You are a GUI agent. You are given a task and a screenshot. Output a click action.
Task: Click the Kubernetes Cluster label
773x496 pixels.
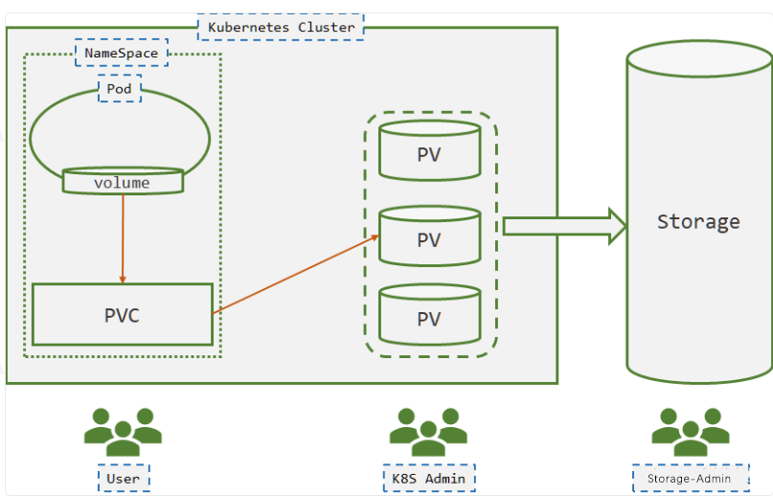click(x=282, y=27)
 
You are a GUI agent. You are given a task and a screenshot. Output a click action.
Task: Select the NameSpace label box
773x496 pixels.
click(x=122, y=53)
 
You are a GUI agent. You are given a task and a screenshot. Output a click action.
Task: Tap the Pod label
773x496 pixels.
click(x=120, y=89)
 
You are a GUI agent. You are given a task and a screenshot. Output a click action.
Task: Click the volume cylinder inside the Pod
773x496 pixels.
click(x=122, y=181)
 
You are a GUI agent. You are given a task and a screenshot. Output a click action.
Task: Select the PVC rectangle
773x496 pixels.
click(x=122, y=314)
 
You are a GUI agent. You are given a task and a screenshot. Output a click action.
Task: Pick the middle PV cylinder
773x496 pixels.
click(x=429, y=236)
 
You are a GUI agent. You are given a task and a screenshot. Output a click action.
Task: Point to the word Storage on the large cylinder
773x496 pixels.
click(x=698, y=222)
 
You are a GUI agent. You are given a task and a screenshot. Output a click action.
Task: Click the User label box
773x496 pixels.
click(x=125, y=478)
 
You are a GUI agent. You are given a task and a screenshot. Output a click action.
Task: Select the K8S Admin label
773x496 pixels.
click(x=429, y=478)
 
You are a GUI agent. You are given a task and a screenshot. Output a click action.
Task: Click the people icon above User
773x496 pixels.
click(x=122, y=433)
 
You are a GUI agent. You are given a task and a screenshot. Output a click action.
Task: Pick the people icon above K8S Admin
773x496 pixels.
click(x=428, y=433)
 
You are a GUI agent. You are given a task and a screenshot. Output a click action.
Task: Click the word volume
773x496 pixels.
click(x=122, y=182)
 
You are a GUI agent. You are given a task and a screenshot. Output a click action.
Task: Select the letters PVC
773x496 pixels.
click(x=122, y=315)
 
